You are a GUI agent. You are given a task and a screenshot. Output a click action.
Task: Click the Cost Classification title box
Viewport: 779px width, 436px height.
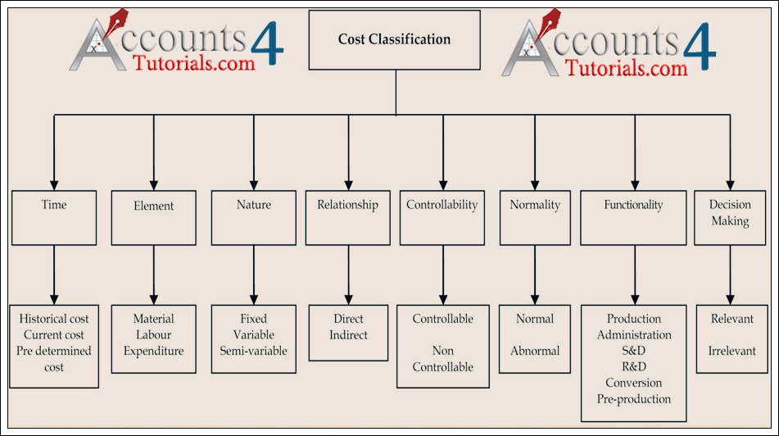(x=395, y=39)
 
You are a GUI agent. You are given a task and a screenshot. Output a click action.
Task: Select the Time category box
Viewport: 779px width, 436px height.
(x=54, y=216)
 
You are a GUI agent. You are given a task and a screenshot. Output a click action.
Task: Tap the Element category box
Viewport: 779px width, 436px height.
(x=153, y=217)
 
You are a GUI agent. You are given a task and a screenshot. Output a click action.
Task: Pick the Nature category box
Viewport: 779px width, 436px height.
(x=254, y=217)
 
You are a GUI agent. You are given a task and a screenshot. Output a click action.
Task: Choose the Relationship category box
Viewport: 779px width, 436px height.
(x=347, y=217)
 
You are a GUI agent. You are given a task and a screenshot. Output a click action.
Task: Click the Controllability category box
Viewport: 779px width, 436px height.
(x=442, y=217)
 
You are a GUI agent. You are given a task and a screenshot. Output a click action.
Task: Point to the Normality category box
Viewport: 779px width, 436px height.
(x=535, y=217)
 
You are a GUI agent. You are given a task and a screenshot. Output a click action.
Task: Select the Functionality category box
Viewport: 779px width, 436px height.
(x=634, y=217)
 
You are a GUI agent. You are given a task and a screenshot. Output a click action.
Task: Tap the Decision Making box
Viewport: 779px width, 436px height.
(x=730, y=217)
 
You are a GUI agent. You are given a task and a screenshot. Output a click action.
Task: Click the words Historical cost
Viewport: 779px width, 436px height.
(x=54, y=319)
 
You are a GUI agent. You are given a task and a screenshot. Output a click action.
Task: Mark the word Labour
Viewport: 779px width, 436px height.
(x=153, y=334)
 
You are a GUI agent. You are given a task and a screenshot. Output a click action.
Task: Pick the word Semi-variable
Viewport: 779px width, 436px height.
(x=254, y=351)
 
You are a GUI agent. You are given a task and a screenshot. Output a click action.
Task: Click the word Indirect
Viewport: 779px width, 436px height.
(x=348, y=334)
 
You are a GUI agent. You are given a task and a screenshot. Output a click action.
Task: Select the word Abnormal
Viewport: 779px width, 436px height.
(x=535, y=351)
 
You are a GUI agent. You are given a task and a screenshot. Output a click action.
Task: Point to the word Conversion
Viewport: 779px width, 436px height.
(x=634, y=383)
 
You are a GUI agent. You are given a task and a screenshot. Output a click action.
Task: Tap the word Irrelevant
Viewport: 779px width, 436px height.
(x=731, y=351)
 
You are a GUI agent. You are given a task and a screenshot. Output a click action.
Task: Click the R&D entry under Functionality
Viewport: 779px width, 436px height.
(x=634, y=366)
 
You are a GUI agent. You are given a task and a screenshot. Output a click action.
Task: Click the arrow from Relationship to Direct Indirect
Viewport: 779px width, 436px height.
(x=348, y=274)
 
